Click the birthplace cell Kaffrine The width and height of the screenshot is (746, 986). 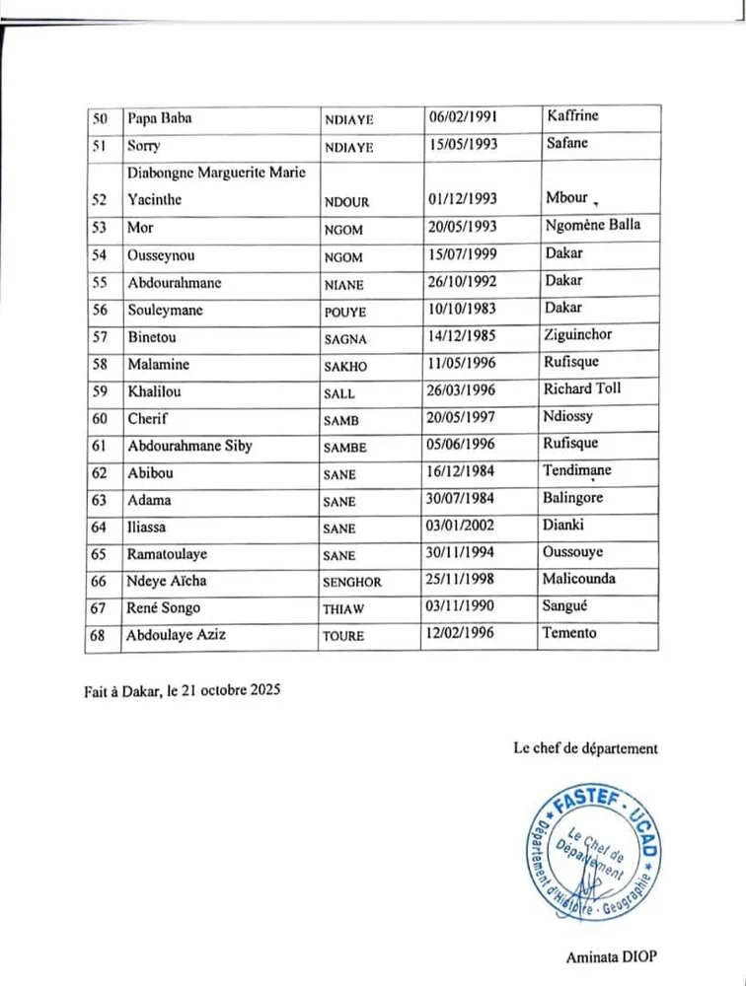tap(573, 116)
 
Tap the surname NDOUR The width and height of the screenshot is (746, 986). tap(346, 202)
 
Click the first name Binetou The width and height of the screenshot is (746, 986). tap(153, 338)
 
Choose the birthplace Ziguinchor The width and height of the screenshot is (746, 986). tap(578, 334)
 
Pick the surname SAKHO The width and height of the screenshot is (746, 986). tap(345, 367)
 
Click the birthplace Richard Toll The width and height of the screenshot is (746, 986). tap(582, 388)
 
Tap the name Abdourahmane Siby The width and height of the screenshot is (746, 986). tap(190, 446)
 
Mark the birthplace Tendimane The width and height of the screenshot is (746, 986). tap(577, 470)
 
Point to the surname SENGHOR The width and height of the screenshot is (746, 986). tap(352, 583)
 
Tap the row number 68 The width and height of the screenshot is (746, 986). tap(101, 636)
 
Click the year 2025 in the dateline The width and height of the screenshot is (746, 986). tap(263, 690)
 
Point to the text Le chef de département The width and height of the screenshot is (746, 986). tap(585, 748)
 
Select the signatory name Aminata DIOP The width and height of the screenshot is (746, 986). tap(612, 956)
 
